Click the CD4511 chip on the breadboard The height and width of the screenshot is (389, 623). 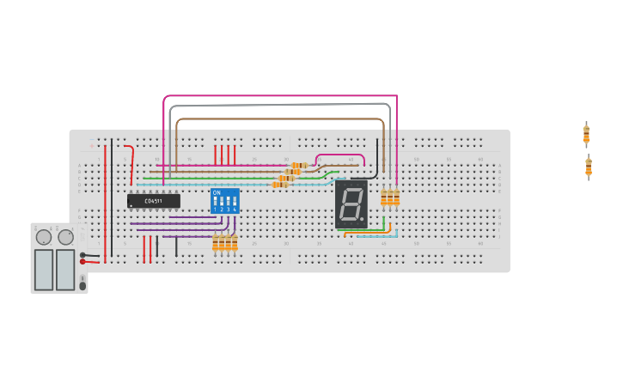[x=153, y=201]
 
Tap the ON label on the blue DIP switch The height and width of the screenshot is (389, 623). [x=217, y=192]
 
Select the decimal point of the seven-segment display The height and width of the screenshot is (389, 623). [x=362, y=219]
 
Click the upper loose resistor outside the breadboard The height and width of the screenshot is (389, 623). [x=586, y=135]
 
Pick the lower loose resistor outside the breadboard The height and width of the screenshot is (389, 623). [x=589, y=167]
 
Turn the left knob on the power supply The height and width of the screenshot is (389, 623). [x=43, y=237]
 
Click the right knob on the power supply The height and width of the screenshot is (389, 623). [x=66, y=237]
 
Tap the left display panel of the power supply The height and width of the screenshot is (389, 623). [x=44, y=269]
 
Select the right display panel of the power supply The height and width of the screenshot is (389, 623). [x=65, y=269]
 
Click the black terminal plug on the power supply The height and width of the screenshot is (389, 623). [x=84, y=254]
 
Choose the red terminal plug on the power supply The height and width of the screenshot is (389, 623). [x=84, y=262]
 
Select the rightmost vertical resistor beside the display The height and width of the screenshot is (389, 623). [x=396, y=198]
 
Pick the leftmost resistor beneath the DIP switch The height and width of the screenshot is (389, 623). [x=216, y=244]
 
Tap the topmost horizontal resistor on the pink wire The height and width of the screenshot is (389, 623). [x=299, y=165]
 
